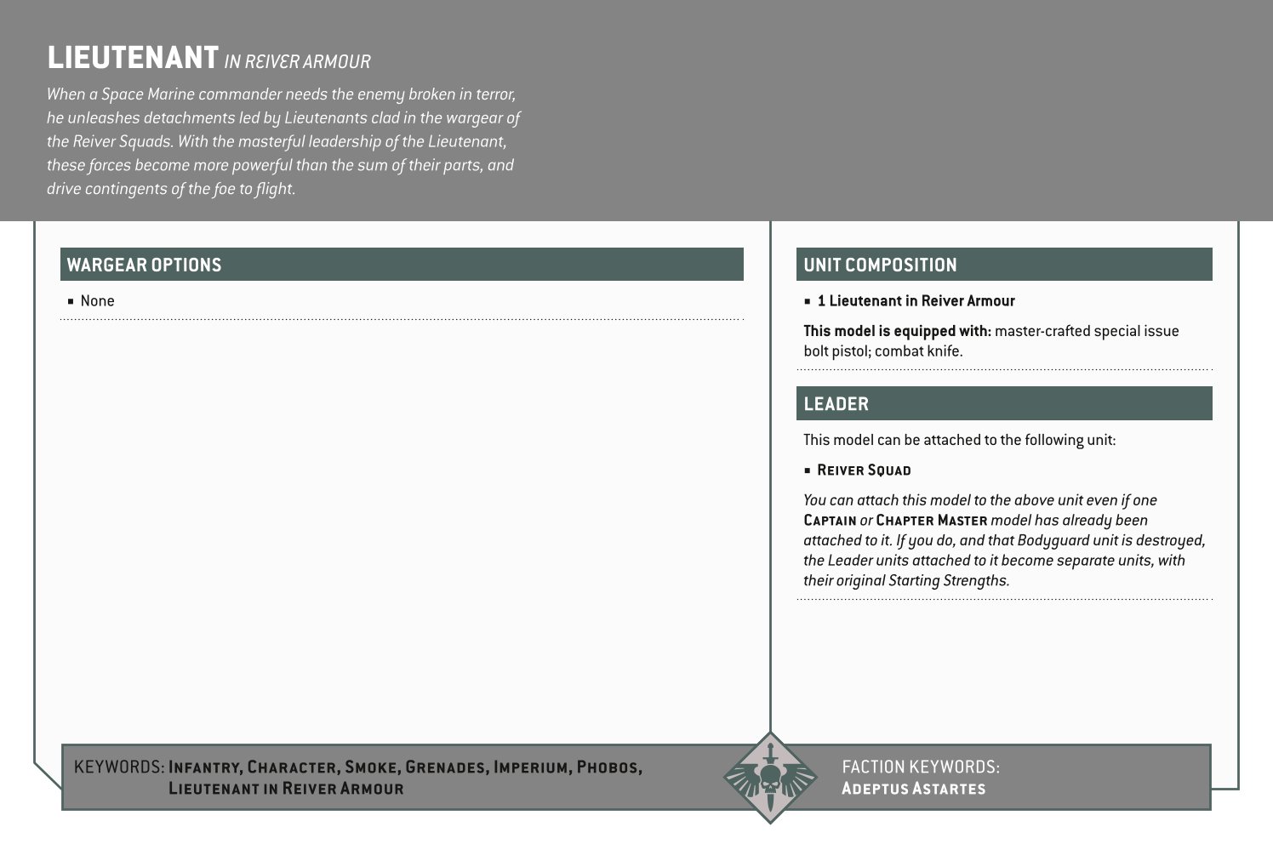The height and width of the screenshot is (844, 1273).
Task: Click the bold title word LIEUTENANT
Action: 133,58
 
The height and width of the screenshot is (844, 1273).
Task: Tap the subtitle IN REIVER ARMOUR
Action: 298,62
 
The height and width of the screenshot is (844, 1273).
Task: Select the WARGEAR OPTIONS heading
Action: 144,265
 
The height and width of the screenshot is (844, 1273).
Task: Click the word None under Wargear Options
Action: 97,301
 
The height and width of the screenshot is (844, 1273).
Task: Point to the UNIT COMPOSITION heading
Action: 880,265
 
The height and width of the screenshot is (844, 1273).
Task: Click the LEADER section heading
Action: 836,404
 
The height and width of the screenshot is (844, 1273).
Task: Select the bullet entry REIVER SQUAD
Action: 864,470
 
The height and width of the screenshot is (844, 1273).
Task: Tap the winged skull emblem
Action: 769,778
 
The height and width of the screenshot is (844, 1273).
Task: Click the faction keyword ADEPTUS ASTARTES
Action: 913,789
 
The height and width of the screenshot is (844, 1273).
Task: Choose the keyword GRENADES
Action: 446,767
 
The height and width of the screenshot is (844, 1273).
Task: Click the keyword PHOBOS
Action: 608,767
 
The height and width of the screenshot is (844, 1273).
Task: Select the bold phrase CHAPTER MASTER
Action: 931,521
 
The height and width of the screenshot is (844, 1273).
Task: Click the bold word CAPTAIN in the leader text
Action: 830,521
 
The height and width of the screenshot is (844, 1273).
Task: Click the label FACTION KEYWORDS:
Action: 921,767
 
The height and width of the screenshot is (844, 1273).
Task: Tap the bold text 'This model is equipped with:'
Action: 897,331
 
